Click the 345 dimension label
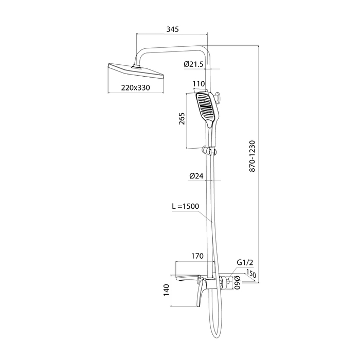click(172, 29)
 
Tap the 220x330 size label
click(135, 87)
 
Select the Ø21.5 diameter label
click(193, 64)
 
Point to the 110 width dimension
click(199, 84)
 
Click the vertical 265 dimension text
click(182, 118)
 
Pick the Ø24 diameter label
click(196, 176)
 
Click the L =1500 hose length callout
click(186, 206)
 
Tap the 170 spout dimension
click(197, 256)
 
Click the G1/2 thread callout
click(245, 262)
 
